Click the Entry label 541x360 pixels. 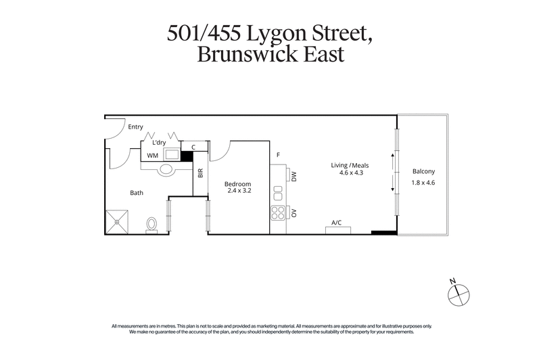(135, 127)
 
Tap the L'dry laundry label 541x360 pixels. (159, 142)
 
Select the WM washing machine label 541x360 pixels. (153, 156)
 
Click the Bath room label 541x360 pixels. (137, 193)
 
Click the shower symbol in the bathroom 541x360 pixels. (116, 221)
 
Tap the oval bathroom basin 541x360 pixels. (166, 170)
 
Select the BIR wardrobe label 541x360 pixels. (200, 173)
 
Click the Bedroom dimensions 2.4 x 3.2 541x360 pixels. (239, 192)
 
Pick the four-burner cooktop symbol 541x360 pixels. (278, 214)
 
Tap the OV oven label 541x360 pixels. (294, 213)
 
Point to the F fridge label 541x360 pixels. (278, 155)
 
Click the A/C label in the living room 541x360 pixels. (335, 222)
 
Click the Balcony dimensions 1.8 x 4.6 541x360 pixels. (424, 182)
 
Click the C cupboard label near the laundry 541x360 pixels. (193, 147)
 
